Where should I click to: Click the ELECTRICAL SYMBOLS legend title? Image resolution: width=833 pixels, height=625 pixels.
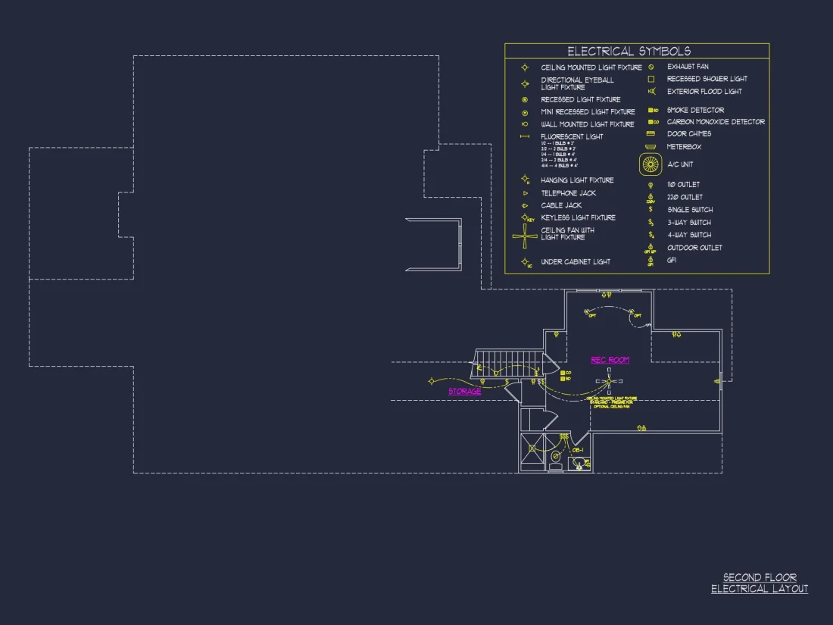629,52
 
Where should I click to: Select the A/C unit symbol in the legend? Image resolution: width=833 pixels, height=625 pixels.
650,164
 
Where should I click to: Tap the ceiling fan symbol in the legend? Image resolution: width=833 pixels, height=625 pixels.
525,236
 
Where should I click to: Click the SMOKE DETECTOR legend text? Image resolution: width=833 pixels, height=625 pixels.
695,111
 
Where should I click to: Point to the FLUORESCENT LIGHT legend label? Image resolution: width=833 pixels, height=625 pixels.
572,136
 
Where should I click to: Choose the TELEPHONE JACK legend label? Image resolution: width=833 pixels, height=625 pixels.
568,193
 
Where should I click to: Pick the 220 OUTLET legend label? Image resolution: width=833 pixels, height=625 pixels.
685,197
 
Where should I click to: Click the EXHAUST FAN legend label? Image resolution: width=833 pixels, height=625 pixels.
688,67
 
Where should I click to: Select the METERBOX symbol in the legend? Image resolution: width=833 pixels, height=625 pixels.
650,147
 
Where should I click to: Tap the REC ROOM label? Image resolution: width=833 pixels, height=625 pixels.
610,360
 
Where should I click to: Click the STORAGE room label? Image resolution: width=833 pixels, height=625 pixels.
464,392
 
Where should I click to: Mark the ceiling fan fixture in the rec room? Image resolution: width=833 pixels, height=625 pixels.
609,381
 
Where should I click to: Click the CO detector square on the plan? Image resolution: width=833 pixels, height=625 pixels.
562,373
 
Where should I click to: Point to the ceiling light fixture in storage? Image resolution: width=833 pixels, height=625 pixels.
432,380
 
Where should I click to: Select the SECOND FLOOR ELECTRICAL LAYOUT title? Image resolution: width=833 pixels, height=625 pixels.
759,583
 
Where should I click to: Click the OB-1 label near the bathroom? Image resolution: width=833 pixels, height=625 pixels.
577,450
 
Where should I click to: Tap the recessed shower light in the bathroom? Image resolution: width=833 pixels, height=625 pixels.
532,448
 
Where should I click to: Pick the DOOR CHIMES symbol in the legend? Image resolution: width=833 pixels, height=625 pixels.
650,134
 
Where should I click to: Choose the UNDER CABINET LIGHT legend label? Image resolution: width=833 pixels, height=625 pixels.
576,261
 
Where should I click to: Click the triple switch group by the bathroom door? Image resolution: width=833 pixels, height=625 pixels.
563,437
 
